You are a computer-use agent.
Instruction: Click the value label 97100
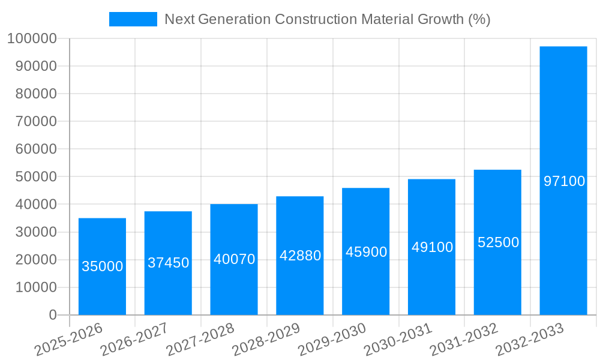(564, 181)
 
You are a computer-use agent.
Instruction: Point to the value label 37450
(169, 263)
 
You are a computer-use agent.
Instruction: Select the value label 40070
(234, 259)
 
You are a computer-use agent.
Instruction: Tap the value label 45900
(366, 252)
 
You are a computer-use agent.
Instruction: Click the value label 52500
(498, 242)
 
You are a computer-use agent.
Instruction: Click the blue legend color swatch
(133, 19)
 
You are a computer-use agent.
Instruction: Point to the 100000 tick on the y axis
(32, 38)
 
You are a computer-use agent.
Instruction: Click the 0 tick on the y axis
(53, 315)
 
